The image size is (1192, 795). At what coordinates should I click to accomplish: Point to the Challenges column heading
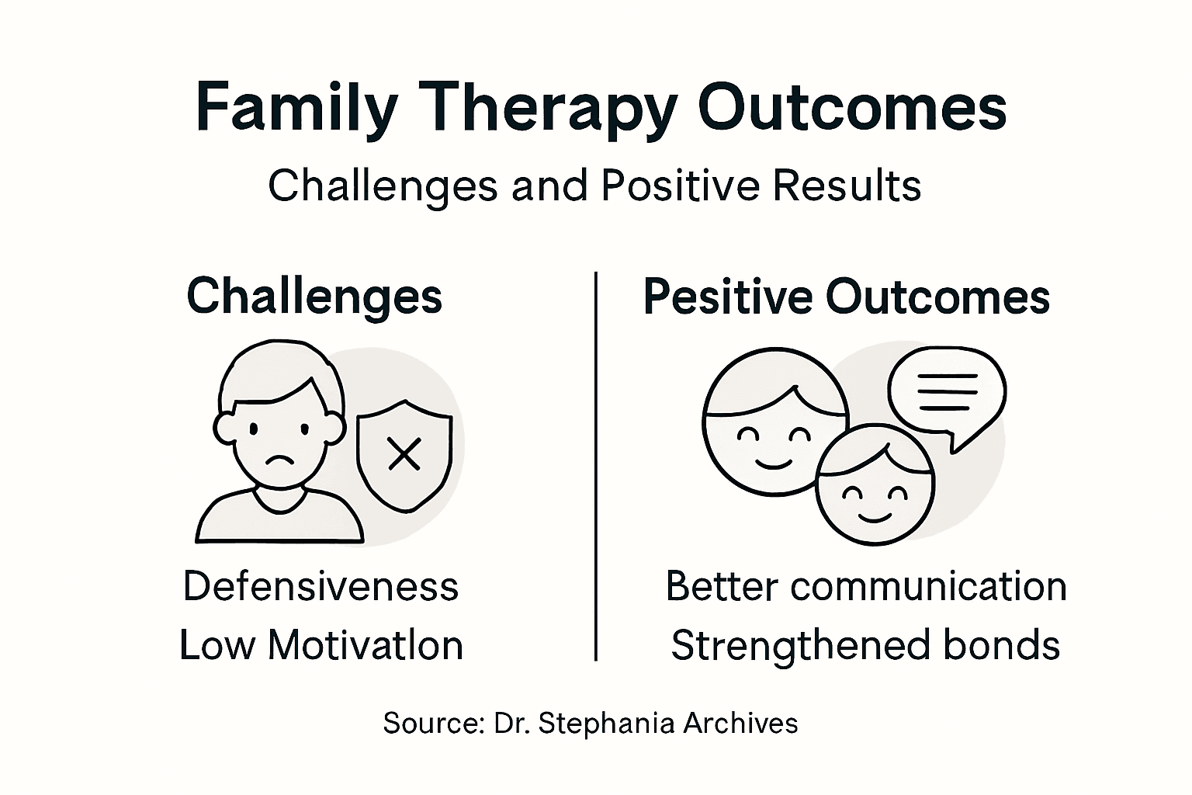click(x=314, y=297)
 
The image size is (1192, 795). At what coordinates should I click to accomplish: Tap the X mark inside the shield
click(x=404, y=454)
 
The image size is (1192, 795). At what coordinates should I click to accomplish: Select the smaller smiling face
click(x=875, y=485)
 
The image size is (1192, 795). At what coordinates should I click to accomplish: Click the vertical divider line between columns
click(x=595, y=466)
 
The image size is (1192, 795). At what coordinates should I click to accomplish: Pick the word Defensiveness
click(x=321, y=586)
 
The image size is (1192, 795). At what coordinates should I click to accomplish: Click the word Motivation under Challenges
click(x=365, y=645)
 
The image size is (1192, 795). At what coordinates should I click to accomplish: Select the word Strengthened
click(x=800, y=645)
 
